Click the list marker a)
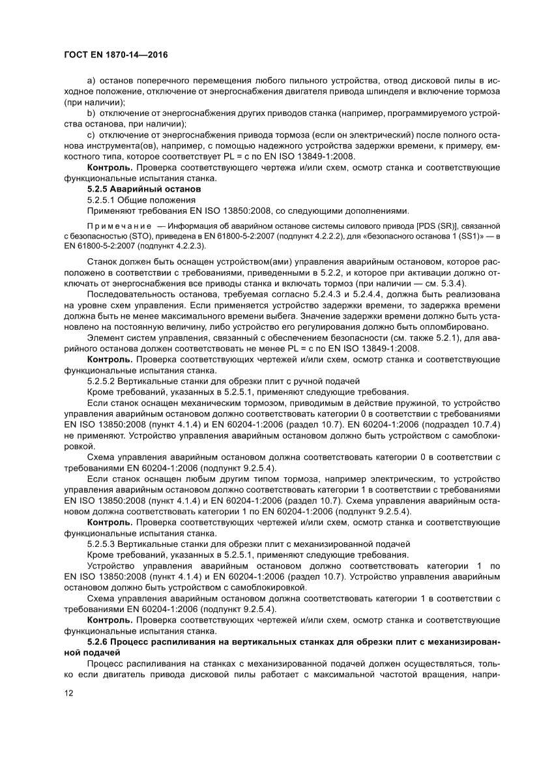pyautogui.click(x=92, y=79)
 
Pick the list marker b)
pyautogui.click(x=92, y=113)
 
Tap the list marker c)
pyautogui.click(x=91, y=135)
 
